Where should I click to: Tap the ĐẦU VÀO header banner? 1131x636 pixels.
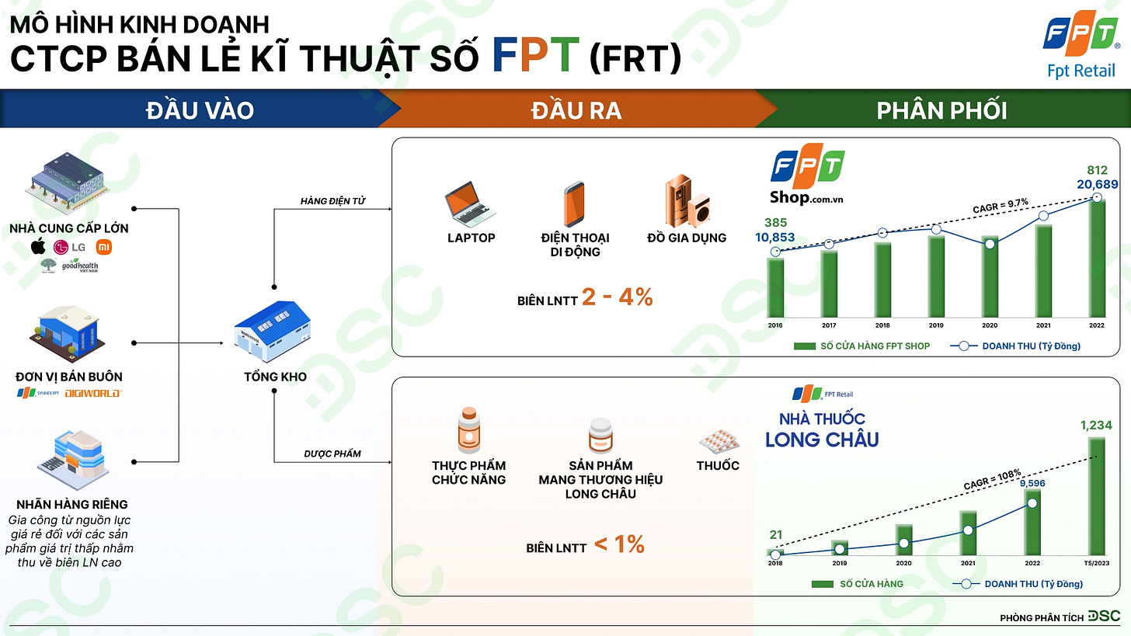[x=200, y=110]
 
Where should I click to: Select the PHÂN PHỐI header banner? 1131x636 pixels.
[x=941, y=110]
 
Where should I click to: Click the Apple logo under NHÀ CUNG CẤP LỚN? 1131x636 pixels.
[x=38, y=247]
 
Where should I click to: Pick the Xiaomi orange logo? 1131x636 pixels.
[x=104, y=247]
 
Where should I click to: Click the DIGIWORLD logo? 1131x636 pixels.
[x=92, y=393]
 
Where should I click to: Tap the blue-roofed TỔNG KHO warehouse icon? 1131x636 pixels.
[x=273, y=332]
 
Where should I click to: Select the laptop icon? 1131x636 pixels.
[x=471, y=202]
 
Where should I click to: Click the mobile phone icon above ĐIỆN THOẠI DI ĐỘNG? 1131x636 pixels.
[x=574, y=203]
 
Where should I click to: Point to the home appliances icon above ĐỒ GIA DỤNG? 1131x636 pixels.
[x=686, y=201]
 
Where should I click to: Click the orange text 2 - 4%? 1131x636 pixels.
[x=617, y=297]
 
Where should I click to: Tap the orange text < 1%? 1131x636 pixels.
[x=619, y=545]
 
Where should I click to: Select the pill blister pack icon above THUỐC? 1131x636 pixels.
[x=719, y=443]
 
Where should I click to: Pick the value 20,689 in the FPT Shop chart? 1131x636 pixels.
[x=1096, y=183]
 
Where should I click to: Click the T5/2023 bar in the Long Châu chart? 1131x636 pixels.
[x=1096, y=497]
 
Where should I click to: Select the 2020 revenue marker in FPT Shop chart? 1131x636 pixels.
[x=989, y=244]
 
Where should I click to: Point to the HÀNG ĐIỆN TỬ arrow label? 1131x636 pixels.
[x=332, y=202]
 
